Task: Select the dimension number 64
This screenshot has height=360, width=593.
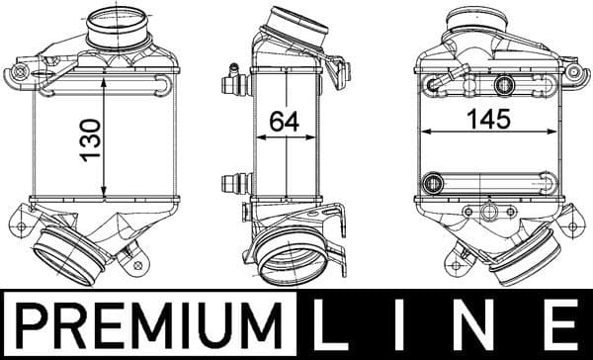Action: click(x=285, y=121)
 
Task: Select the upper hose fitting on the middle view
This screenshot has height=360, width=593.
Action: click(x=233, y=77)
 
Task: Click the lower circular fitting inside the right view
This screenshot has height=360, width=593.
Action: click(x=432, y=182)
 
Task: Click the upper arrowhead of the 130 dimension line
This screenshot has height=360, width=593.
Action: click(x=105, y=80)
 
